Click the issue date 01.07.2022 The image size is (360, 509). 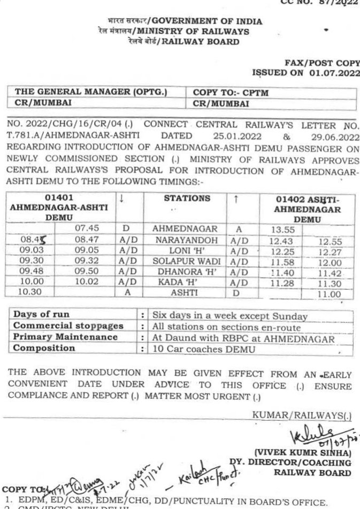click(x=330, y=73)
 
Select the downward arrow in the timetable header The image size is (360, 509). click(x=122, y=198)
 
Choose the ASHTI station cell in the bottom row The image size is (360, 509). click(x=185, y=294)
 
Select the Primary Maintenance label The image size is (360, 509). click(x=65, y=337)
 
